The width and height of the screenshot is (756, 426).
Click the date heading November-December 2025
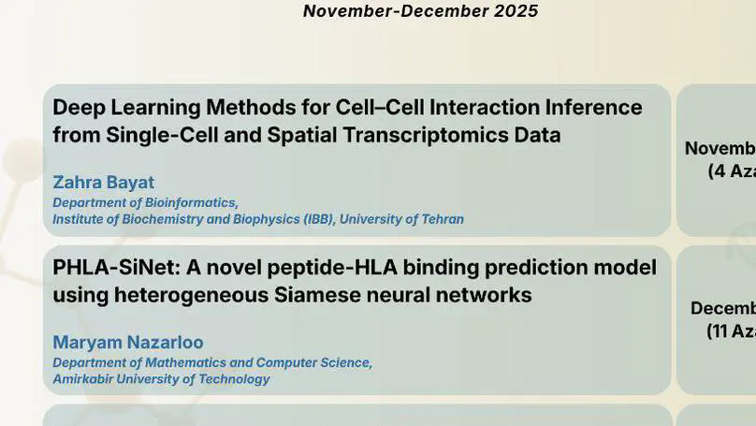coord(420,11)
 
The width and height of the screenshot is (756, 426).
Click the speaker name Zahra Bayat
coord(103,182)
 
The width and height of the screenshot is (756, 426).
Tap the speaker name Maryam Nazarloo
coord(127,342)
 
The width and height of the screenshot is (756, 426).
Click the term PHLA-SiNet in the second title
coord(116,268)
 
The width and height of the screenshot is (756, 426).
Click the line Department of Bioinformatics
coord(145,202)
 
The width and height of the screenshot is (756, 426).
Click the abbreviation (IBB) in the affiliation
coord(317,219)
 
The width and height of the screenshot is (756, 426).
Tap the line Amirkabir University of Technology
coord(161,379)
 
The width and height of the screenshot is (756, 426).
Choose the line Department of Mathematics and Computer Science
coord(212,362)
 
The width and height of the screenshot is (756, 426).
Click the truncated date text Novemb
coord(720,148)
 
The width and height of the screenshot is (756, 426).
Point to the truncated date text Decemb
coord(722,308)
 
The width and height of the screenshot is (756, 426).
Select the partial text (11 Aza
coord(730,331)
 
